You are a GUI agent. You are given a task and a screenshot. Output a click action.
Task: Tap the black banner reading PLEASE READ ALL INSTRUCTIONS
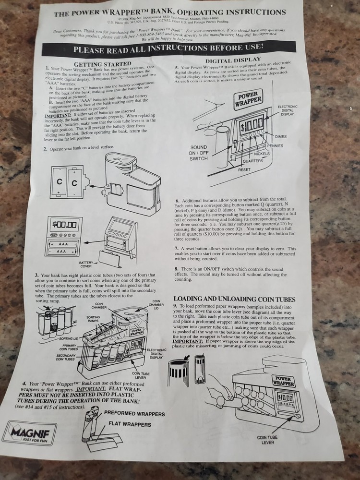(168, 48)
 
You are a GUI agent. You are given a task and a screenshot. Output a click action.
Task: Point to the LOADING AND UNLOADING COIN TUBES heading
(234, 299)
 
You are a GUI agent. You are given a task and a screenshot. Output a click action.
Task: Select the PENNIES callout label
(288, 145)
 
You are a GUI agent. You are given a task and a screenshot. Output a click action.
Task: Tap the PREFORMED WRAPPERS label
(134, 414)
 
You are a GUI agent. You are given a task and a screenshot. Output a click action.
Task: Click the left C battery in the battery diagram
(60, 183)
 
